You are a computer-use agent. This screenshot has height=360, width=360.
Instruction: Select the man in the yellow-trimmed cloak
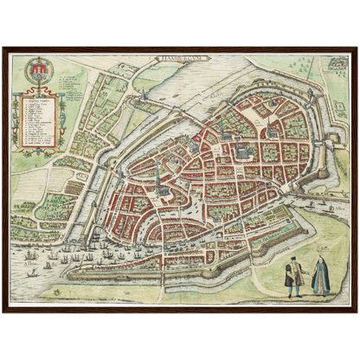[x=293, y=276]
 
